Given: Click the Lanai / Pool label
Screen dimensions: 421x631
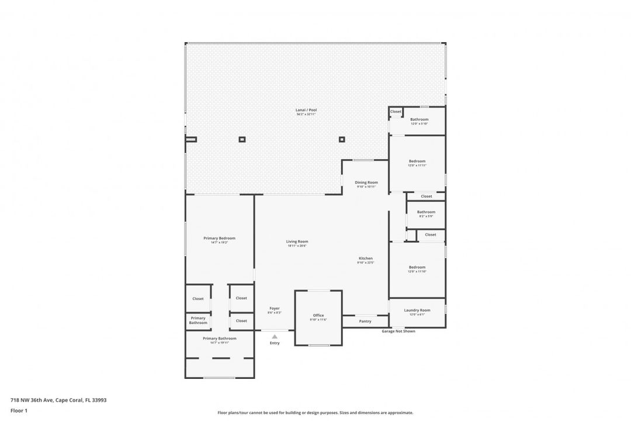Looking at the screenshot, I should coord(306,110).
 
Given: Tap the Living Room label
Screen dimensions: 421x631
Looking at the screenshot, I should coord(297,241).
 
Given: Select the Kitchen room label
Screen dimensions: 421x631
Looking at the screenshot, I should coord(365,258).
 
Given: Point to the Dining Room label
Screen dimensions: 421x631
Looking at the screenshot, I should coord(366,182).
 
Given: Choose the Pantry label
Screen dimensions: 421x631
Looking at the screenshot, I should coord(365,321).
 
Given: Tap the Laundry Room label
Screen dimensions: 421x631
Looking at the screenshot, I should coord(417,310).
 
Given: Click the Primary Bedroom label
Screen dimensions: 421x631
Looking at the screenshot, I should coord(219,238).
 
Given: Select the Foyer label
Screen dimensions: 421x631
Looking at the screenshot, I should coord(275,308).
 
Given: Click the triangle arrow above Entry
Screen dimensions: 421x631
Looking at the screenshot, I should coord(275,337).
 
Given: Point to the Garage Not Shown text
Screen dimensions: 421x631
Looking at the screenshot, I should coord(398,331).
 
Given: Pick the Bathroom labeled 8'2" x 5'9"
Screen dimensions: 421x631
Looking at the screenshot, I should coord(426,212).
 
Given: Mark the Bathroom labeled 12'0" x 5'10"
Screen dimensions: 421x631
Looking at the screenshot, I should coord(419,119).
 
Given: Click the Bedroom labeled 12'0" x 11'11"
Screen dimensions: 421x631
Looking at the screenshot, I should coord(417,161).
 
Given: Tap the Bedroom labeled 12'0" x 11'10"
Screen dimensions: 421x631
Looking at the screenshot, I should coord(417,267).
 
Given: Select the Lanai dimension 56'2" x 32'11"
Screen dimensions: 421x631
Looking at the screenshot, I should coord(306,115).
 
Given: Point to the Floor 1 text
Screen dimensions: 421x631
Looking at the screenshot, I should coord(19,410).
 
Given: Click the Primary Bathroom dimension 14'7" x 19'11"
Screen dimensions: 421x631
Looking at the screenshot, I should coord(219,343).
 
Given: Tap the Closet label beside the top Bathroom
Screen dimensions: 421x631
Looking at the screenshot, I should coord(396,112).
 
